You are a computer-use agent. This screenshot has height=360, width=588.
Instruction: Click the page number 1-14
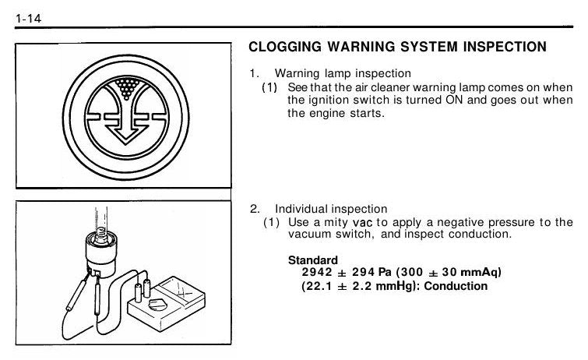tap(28, 19)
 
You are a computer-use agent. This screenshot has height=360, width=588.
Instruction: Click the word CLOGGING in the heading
tap(285, 47)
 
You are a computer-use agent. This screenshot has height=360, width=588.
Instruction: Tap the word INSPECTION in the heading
tap(505, 47)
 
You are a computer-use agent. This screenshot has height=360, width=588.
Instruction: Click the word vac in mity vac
tap(363, 223)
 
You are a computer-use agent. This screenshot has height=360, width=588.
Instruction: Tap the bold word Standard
tap(313, 259)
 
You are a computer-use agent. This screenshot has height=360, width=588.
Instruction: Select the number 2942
tap(317, 272)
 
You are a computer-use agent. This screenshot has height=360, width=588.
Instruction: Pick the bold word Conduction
tap(456, 286)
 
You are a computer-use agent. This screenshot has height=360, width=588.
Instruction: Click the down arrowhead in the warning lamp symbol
tap(125, 135)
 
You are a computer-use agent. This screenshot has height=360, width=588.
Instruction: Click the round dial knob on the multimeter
tap(157, 304)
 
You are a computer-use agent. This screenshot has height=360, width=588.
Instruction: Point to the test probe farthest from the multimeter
tap(77, 294)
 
